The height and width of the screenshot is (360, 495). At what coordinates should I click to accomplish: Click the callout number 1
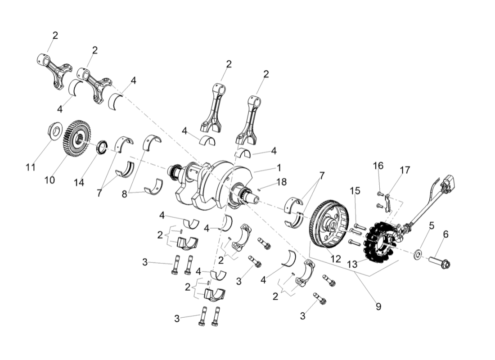[279, 167]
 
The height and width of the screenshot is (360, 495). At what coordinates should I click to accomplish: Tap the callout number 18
[281, 182]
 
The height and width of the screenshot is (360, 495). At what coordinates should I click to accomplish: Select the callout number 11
[30, 167]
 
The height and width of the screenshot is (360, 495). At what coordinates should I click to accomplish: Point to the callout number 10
[49, 180]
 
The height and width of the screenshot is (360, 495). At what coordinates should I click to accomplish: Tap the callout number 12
[336, 259]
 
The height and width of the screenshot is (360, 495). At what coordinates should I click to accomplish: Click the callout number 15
[355, 191]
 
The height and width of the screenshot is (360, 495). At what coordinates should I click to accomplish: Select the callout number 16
[378, 166]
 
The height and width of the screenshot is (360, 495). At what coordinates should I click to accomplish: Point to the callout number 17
[405, 170]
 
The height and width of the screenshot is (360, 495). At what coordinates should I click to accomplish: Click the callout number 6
[446, 234]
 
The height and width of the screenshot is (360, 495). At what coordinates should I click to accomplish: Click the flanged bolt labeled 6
[440, 262]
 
